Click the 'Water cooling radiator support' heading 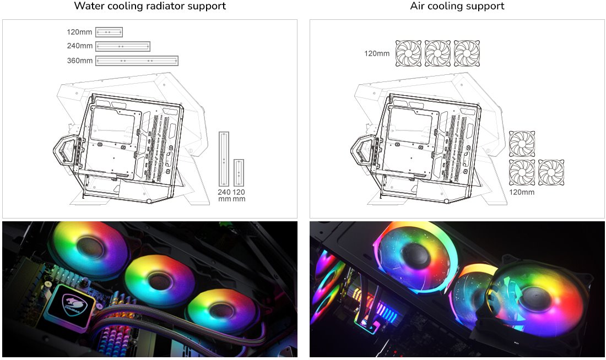[x=150, y=6]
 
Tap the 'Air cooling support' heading [x=457, y=6]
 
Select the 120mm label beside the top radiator [x=79, y=32]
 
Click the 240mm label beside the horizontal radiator [x=80, y=46]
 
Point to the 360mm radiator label [x=80, y=61]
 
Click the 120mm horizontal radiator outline [x=109, y=32]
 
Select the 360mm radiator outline [x=137, y=61]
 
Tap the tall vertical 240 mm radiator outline [x=224, y=159]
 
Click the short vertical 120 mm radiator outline [x=239, y=173]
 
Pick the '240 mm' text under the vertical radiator [x=224, y=195]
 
